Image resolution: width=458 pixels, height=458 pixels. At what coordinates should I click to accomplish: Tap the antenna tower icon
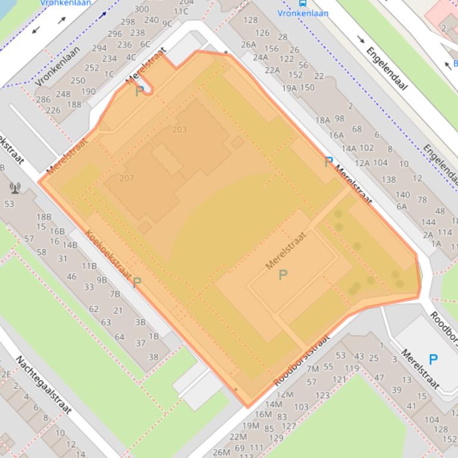tap(15, 189)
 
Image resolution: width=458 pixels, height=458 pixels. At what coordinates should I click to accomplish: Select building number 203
tap(179, 130)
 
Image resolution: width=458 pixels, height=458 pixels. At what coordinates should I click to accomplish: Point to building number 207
tap(126, 178)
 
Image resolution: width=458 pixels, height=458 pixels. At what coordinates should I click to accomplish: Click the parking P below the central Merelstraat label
tap(283, 274)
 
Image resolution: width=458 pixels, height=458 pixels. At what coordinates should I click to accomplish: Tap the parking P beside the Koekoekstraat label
tap(137, 283)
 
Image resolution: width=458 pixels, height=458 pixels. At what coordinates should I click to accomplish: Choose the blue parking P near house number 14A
tap(328, 162)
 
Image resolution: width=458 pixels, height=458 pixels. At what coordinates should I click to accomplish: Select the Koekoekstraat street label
tap(106, 254)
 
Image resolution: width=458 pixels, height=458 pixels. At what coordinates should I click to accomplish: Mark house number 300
tap(142, 9)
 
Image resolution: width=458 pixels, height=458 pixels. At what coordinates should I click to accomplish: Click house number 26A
tap(249, 44)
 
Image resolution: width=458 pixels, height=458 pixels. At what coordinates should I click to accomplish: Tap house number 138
tap(388, 180)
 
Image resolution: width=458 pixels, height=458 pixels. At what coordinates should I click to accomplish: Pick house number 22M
tap(221, 452)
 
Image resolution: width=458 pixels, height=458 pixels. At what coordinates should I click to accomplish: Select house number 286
tap(43, 99)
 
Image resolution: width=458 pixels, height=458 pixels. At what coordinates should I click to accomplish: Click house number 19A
tap(290, 88)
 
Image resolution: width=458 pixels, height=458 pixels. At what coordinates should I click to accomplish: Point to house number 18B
tap(43, 217)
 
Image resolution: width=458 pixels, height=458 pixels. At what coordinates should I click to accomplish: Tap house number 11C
tap(181, 11)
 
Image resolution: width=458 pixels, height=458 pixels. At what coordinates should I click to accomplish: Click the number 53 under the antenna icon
tap(9, 204)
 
